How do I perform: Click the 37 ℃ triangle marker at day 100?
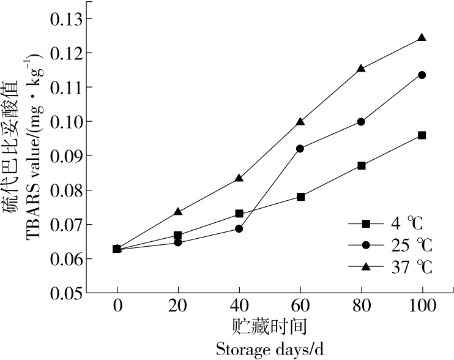(422, 37)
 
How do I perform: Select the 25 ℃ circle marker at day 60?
(300, 148)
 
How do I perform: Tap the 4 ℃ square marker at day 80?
(361, 165)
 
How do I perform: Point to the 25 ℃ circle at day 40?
(239, 229)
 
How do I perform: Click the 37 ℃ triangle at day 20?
(178, 211)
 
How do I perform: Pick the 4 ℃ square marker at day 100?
(422, 135)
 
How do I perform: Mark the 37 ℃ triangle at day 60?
(300, 121)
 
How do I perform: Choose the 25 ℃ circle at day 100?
(422, 75)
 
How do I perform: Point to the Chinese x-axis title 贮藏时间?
(269, 326)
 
